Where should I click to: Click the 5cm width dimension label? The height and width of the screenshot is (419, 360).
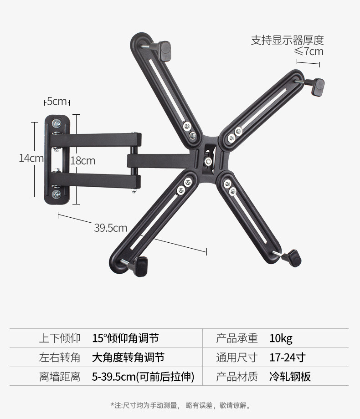point(57,101)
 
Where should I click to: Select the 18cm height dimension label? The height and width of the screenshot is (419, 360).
point(82,161)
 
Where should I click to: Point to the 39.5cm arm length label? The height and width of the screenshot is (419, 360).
point(110,228)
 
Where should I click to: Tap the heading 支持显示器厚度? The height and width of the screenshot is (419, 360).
point(287,40)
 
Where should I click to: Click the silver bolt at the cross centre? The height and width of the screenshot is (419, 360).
point(208,162)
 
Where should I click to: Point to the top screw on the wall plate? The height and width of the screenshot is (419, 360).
point(57,123)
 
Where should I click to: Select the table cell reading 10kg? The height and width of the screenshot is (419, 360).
point(281,338)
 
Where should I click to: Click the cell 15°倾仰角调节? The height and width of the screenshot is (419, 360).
point(125,338)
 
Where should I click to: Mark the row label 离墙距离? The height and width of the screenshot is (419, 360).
point(60,377)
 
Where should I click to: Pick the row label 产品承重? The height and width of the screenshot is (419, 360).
point(237,338)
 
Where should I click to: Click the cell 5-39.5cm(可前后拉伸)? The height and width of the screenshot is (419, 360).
point(143,377)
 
